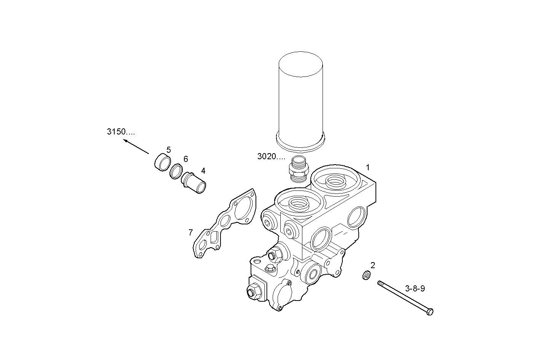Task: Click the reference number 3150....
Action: (120, 132)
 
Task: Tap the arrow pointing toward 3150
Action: (136, 147)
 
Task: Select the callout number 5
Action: (168, 150)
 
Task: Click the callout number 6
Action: (185, 159)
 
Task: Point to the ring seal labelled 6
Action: (176, 171)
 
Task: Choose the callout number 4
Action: (203, 170)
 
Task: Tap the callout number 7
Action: (190, 232)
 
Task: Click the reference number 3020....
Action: (271, 156)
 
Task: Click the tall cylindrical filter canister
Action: (301, 99)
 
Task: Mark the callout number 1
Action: (368, 167)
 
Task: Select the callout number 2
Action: (373, 265)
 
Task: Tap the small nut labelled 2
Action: (365, 275)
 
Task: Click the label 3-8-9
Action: (415, 288)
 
